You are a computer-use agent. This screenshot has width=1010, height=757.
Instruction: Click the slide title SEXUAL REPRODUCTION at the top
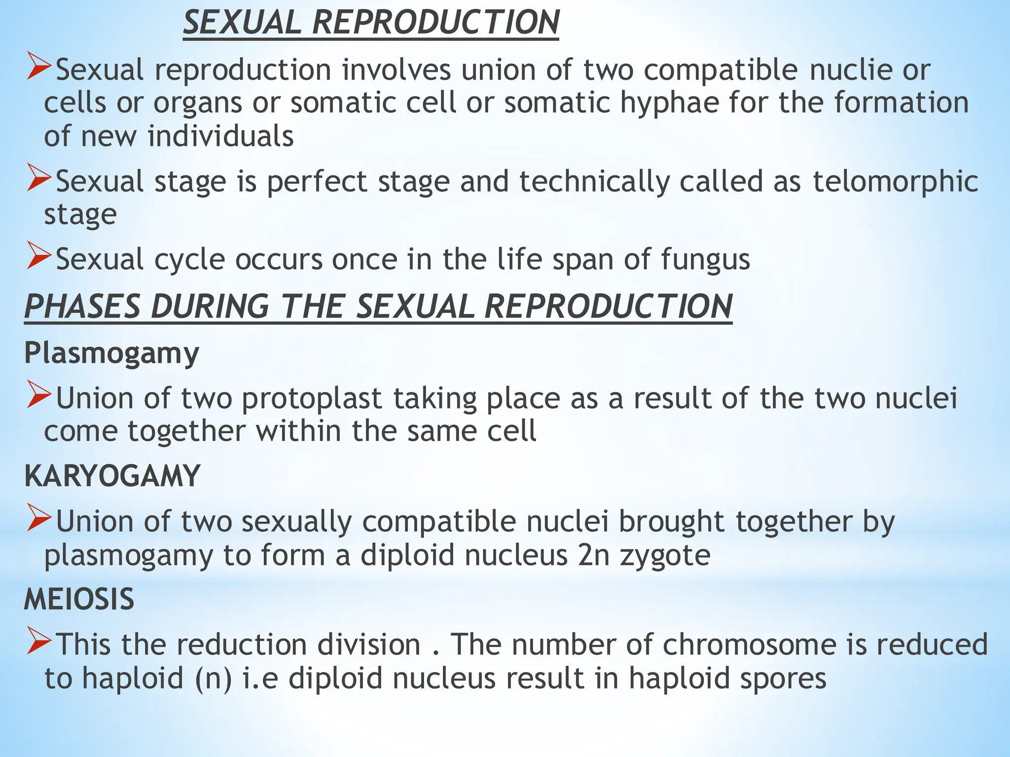click(371, 23)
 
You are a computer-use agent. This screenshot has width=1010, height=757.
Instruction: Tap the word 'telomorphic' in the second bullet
click(895, 181)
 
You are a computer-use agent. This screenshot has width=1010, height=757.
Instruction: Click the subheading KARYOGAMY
click(112, 476)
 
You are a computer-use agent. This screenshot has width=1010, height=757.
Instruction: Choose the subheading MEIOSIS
click(79, 599)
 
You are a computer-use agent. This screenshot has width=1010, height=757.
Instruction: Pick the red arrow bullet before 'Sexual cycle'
click(39, 255)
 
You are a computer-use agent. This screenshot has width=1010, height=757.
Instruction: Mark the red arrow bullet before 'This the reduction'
click(39, 641)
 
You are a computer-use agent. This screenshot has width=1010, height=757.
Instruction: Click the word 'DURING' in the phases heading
click(210, 307)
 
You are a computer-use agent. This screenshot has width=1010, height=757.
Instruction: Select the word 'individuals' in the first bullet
click(220, 137)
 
